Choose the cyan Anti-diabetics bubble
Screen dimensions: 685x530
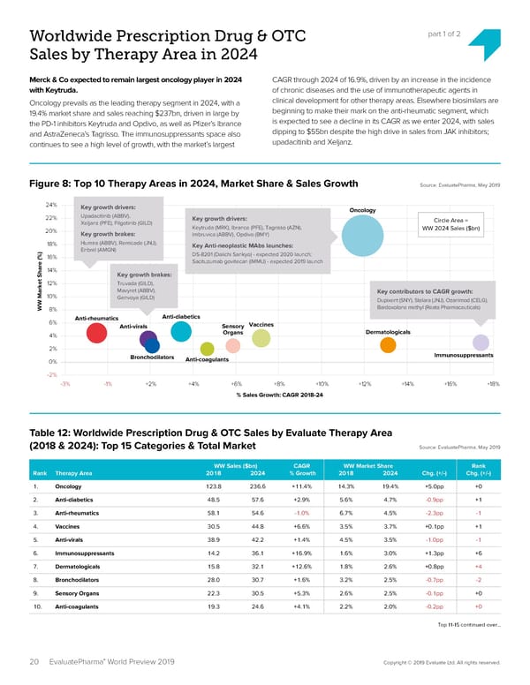[181, 330]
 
